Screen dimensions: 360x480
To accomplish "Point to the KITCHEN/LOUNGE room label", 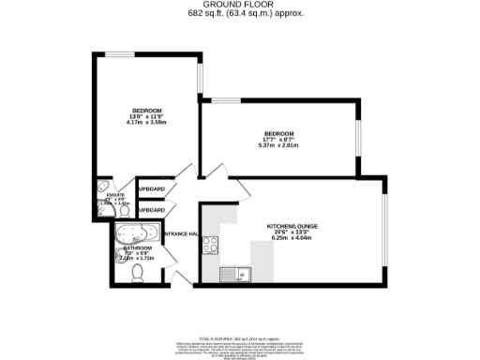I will (x=292, y=227).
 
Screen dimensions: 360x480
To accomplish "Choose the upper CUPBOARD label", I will (x=150, y=189).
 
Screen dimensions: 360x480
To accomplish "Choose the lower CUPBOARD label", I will (x=150, y=210).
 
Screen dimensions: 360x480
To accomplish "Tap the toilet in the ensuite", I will (x=102, y=209).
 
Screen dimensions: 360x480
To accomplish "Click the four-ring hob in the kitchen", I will (x=212, y=246).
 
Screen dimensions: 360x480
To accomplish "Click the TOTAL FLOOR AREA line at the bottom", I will (x=240, y=335).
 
